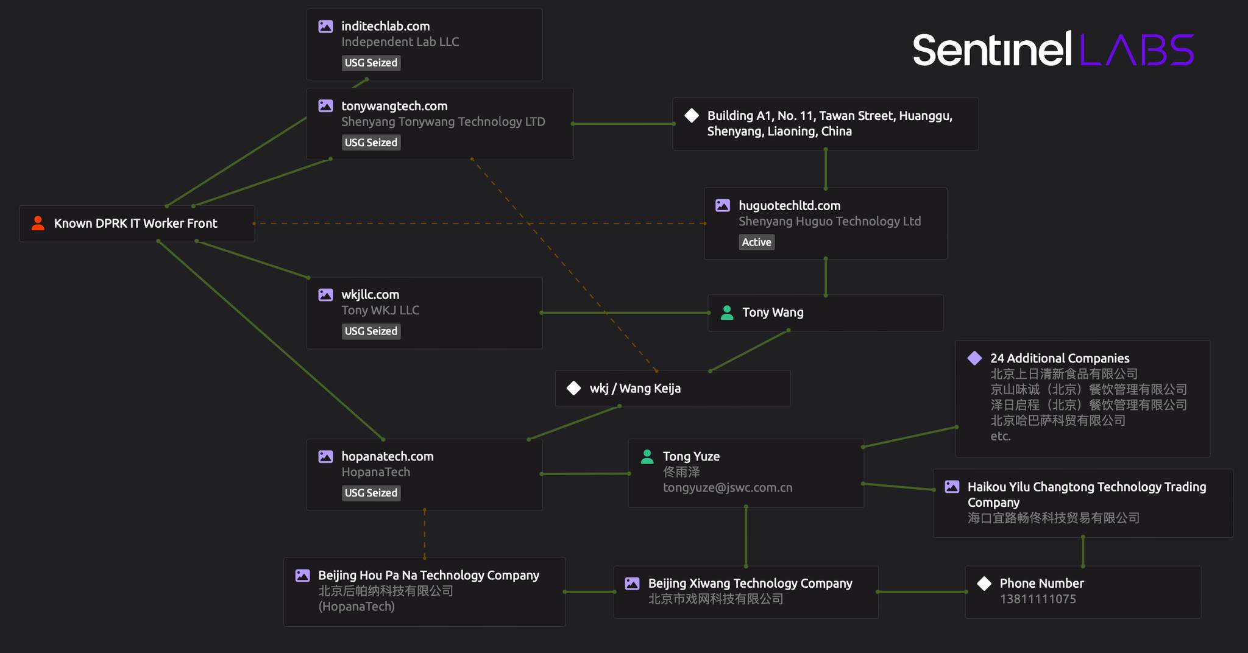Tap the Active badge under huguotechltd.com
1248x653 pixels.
(x=757, y=242)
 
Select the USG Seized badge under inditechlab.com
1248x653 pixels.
(x=371, y=63)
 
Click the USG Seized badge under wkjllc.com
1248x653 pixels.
(x=371, y=331)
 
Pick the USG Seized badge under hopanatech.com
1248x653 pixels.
(x=371, y=493)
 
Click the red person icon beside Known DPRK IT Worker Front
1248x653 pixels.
(x=38, y=224)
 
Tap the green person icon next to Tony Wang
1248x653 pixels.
(x=727, y=312)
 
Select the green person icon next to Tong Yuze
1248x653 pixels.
(x=647, y=456)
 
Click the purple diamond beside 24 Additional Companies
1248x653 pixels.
(x=974, y=358)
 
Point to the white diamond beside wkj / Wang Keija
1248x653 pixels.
(x=574, y=388)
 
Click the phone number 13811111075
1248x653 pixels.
(x=1038, y=599)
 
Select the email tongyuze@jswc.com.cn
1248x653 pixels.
(x=728, y=488)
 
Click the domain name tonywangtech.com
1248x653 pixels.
(x=394, y=106)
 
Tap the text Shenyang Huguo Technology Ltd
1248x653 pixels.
(x=829, y=221)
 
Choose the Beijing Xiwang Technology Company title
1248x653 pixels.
(x=750, y=584)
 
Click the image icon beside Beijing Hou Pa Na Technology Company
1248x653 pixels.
(x=303, y=575)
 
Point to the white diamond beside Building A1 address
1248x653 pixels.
(x=692, y=115)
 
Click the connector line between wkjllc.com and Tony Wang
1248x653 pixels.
(x=625, y=313)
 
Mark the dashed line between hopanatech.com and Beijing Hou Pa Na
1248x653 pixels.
(x=425, y=534)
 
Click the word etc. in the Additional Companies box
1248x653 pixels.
(x=1001, y=436)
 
